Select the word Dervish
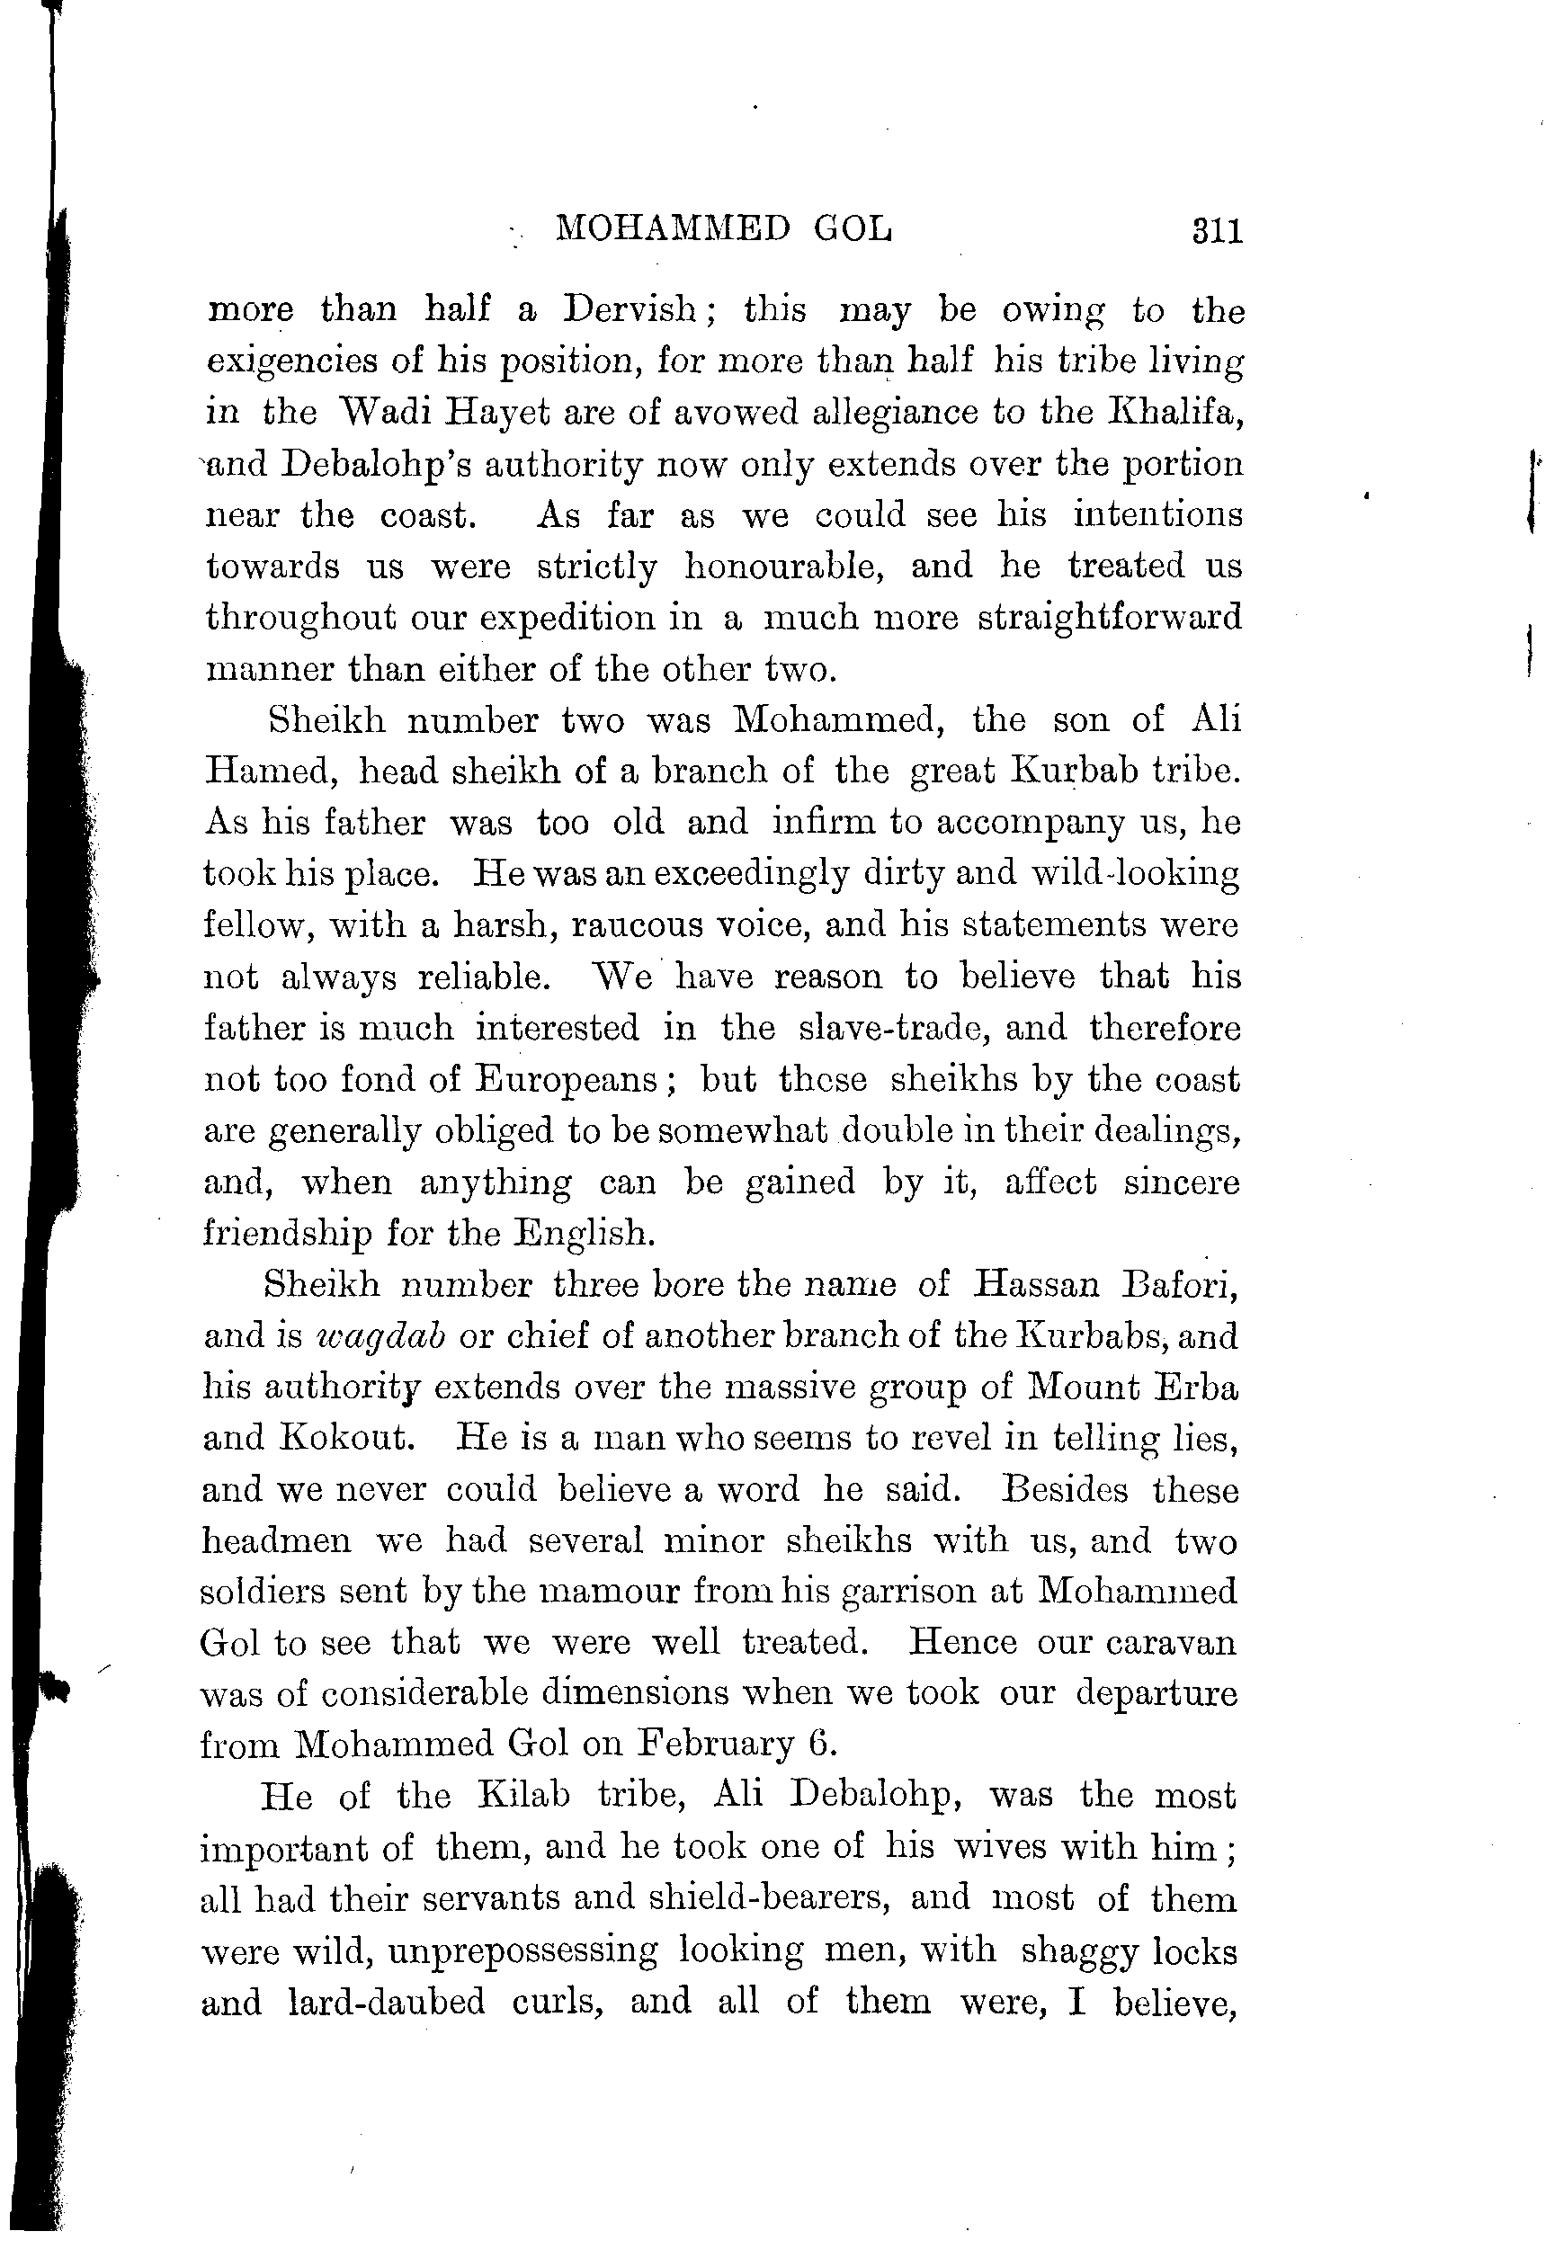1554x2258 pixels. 629,308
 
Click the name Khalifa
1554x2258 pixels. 1175,412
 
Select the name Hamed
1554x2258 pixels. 270,772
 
